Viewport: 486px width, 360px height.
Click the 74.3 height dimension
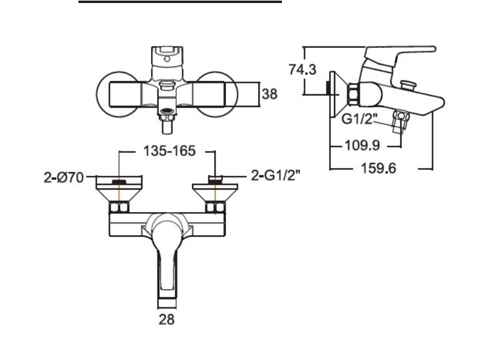[x=302, y=69]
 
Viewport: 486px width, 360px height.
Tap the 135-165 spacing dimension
[x=168, y=152]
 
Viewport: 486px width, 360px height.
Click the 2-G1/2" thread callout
[x=275, y=176]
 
